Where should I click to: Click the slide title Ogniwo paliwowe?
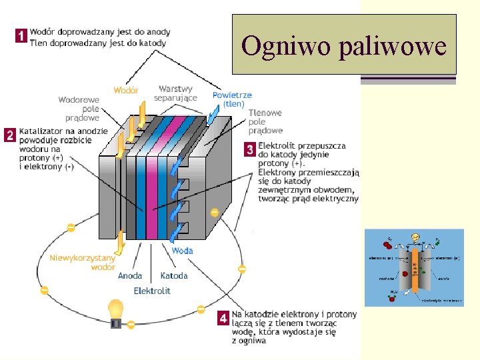pyautogui.click(x=344, y=45)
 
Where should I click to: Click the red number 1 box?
pyautogui.click(x=21, y=37)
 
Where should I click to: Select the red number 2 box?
pyautogui.click(x=10, y=135)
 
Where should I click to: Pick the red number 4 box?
pyautogui.click(x=224, y=319)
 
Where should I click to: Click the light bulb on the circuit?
pyautogui.click(x=116, y=313)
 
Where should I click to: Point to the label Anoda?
pyautogui.click(x=130, y=275)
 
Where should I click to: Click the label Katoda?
pyautogui.click(x=174, y=275)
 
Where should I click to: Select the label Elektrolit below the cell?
pyautogui.click(x=152, y=291)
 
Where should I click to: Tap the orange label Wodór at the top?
pyautogui.click(x=126, y=90)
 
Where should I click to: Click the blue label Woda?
pyautogui.click(x=182, y=251)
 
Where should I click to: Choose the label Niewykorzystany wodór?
pyautogui.click(x=77, y=262)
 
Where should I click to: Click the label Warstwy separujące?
pyautogui.click(x=175, y=93)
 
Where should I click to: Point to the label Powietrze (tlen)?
pyautogui.click(x=232, y=99)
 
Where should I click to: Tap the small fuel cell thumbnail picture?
pyautogui.click(x=414, y=267)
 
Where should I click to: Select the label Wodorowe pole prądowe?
pyautogui.click(x=79, y=109)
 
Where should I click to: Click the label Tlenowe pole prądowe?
pyautogui.click(x=265, y=121)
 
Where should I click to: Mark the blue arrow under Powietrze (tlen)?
pyautogui.click(x=213, y=116)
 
